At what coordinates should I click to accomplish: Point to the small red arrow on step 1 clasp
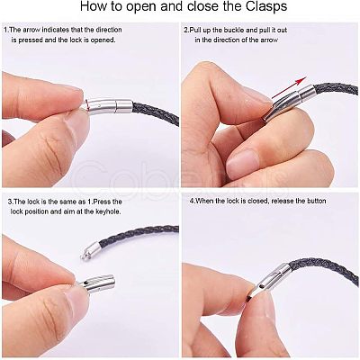click(86, 103)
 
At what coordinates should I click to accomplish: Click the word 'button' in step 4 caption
click(314, 201)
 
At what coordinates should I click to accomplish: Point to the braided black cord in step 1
click(156, 113)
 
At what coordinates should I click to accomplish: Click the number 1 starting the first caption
click(5, 30)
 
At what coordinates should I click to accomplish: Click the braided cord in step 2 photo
click(335, 89)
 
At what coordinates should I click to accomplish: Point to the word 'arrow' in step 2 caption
click(267, 40)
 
